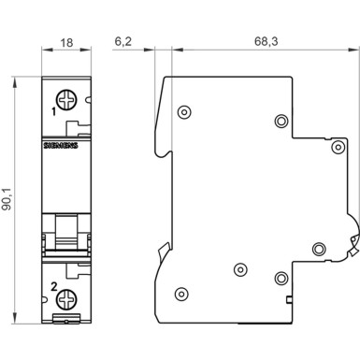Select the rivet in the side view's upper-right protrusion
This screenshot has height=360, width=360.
[x=338, y=146]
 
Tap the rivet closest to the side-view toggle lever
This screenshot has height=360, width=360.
[x=319, y=248]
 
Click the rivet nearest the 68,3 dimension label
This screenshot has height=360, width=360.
[x=281, y=120]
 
